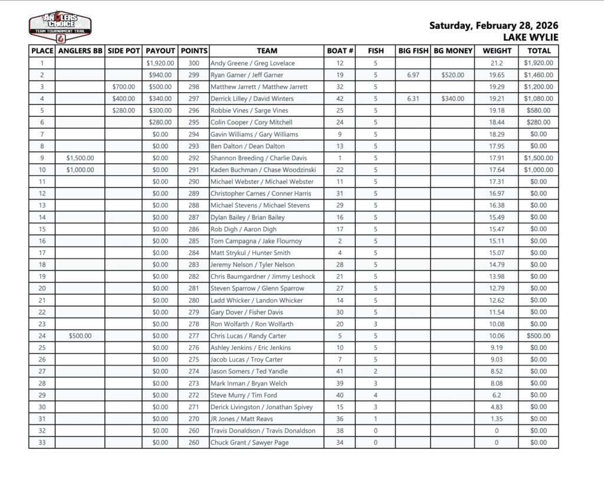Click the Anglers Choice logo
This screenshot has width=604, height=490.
(60, 27)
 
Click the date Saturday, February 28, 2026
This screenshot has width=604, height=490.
(493, 25)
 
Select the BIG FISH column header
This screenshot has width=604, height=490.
(413, 51)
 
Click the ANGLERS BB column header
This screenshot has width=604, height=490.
(80, 51)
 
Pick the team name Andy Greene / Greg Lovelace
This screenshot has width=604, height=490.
(252, 63)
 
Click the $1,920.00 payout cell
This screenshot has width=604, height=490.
(160, 63)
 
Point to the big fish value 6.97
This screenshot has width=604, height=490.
(413, 75)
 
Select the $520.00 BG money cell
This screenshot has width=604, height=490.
(452, 75)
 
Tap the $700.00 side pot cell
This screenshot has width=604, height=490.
(124, 87)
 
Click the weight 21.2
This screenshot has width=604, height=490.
(497, 63)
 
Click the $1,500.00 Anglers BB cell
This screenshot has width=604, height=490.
(80, 158)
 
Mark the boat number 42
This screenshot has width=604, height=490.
(340, 99)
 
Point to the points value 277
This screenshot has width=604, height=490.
(193, 336)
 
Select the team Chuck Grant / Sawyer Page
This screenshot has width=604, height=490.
(250, 443)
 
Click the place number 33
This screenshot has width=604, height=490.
(42, 443)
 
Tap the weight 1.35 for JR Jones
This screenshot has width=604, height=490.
(497, 419)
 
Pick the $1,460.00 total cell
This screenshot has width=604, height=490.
(539, 75)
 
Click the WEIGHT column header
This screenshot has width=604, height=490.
(497, 51)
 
